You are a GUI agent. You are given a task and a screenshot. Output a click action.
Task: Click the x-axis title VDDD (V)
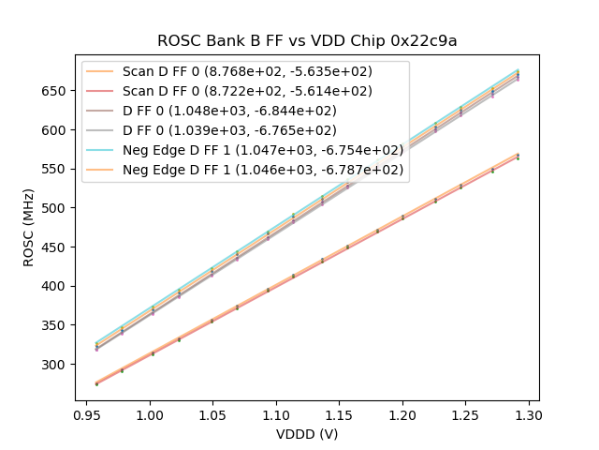tap(307, 434)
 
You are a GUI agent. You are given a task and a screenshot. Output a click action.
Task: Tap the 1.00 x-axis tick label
tap(150, 414)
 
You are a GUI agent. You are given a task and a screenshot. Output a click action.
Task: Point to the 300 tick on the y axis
tap(57, 365)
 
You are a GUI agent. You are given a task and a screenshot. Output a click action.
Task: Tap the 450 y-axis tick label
tap(57, 247)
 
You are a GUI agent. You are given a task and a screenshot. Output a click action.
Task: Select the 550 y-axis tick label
tap(57, 170)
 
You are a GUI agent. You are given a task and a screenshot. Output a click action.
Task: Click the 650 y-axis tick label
tap(57, 91)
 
